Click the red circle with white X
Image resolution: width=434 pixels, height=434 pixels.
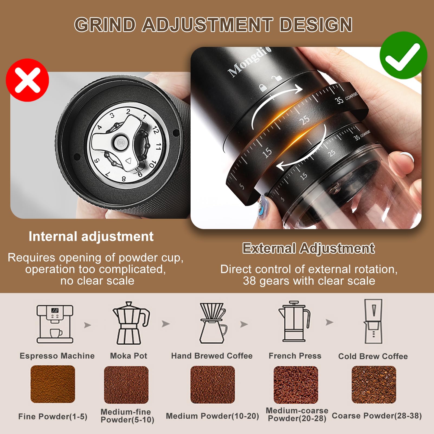tap(27, 80)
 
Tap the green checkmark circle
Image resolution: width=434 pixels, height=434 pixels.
tap(403, 55)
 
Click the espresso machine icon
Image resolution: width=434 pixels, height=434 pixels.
tap(55, 324)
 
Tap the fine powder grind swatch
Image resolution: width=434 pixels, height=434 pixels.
tap(53, 384)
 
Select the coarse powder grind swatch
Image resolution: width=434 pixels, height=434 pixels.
tap(374, 384)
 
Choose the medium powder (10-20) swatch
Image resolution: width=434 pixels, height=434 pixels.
tap(213, 384)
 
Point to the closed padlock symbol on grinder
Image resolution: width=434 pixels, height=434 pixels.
tap(263, 87)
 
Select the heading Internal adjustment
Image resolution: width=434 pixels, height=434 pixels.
tap(91, 236)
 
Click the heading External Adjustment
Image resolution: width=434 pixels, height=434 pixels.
tap(308, 248)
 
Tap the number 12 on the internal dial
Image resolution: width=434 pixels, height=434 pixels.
tap(155, 130)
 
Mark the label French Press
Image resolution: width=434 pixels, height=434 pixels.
tap(295, 356)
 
